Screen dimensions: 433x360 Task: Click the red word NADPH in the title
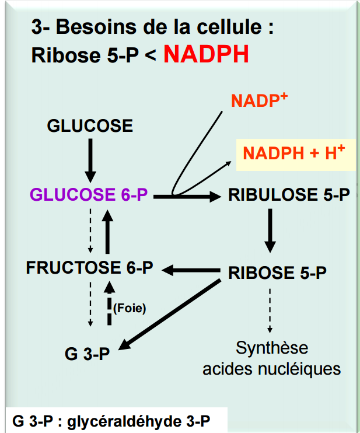[x=206, y=54]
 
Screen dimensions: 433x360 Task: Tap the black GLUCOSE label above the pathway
[x=90, y=125]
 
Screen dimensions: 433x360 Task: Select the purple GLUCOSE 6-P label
[x=89, y=195]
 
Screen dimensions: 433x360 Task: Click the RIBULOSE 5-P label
[x=289, y=195]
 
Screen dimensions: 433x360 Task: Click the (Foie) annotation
[x=130, y=308]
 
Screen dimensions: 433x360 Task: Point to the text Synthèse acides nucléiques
[x=271, y=359]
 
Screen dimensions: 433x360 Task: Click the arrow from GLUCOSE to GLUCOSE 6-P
[x=89, y=159]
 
